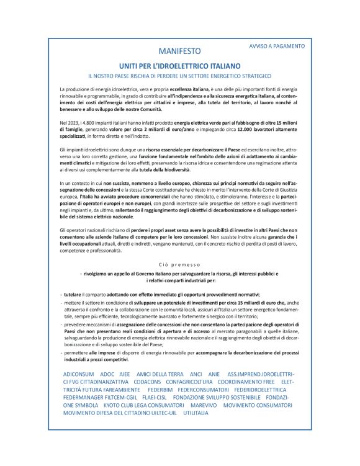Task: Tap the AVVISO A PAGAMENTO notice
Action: point(276,46)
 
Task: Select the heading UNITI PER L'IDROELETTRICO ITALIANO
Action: point(179,65)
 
